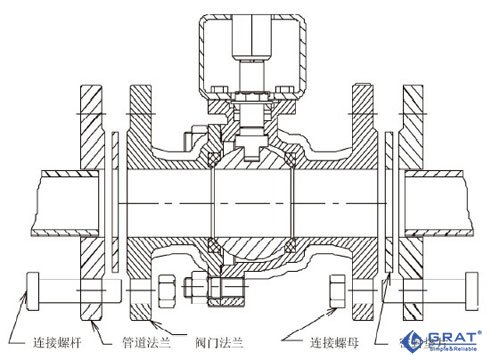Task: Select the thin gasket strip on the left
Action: tap(117, 200)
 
